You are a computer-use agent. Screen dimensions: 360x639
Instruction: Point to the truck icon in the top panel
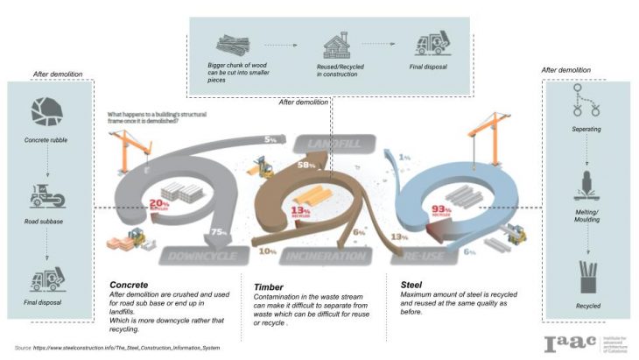pyautogui.click(x=432, y=43)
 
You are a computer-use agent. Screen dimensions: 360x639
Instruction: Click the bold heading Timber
pyautogui.click(x=268, y=286)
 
